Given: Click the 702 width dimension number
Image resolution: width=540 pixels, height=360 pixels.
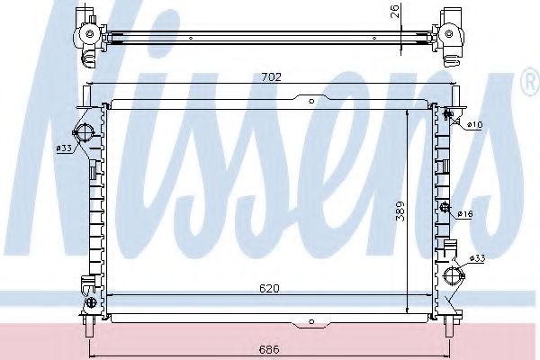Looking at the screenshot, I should click(273, 78).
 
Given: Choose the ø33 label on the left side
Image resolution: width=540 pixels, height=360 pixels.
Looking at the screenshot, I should click(64, 148).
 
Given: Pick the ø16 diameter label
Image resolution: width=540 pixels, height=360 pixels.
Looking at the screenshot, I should click(465, 213).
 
